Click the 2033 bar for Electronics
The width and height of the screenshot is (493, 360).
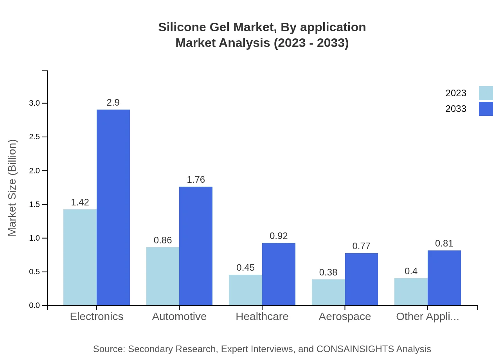(x=113, y=207)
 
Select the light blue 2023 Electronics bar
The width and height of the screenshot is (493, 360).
(x=80, y=257)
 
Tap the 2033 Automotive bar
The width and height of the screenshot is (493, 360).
(x=196, y=246)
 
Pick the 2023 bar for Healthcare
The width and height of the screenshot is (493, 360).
(x=245, y=290)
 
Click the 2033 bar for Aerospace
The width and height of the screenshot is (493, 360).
(x=362, y=279)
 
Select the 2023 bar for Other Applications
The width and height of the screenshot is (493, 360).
(x=411, y=292)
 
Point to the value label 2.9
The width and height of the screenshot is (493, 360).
(x=113, y=103)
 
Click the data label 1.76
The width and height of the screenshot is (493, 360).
(x=196, y=180)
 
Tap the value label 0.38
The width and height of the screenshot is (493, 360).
(x=328, y=272)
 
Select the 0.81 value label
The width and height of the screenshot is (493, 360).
(x=444, y=243)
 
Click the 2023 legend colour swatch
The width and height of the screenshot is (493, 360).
(x=486, y=93)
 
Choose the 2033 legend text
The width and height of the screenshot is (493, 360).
(x=456, y=109)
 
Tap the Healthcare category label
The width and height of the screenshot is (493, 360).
(x=262, y=317)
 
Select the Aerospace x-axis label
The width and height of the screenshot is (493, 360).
(x=345, y=317)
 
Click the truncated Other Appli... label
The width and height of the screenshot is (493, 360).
(x=427, y=317)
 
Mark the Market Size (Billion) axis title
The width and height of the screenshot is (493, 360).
(x=13, y=188)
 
